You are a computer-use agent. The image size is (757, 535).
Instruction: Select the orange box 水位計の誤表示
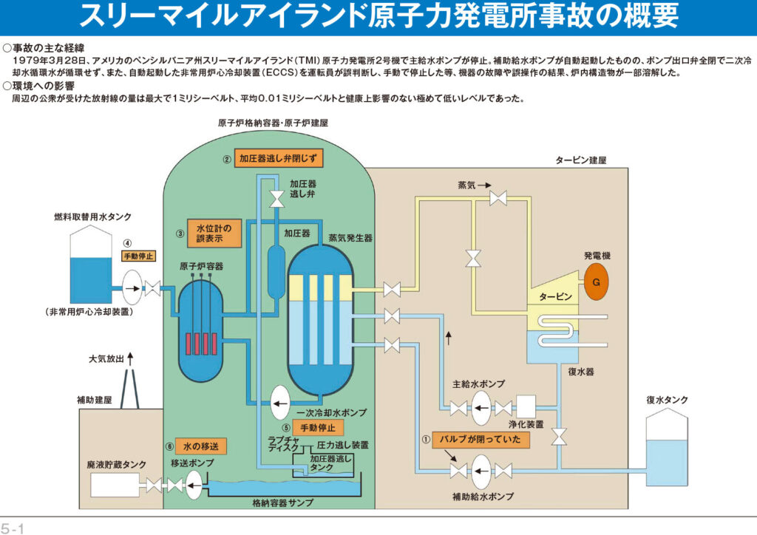tap(214, 234)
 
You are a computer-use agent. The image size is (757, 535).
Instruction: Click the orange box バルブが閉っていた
tap(481, 440)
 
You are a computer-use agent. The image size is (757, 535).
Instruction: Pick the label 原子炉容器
tap(201, 266)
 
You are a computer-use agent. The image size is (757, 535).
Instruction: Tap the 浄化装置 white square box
tap(526, 406)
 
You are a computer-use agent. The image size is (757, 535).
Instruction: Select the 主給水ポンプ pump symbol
tap(481, 408)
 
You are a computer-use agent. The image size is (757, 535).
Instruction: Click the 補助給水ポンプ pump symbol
tap(481, 471)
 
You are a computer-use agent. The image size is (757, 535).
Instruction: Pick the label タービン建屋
tap(580, 160)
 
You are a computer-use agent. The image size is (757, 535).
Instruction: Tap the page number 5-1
tap(13, 528)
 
